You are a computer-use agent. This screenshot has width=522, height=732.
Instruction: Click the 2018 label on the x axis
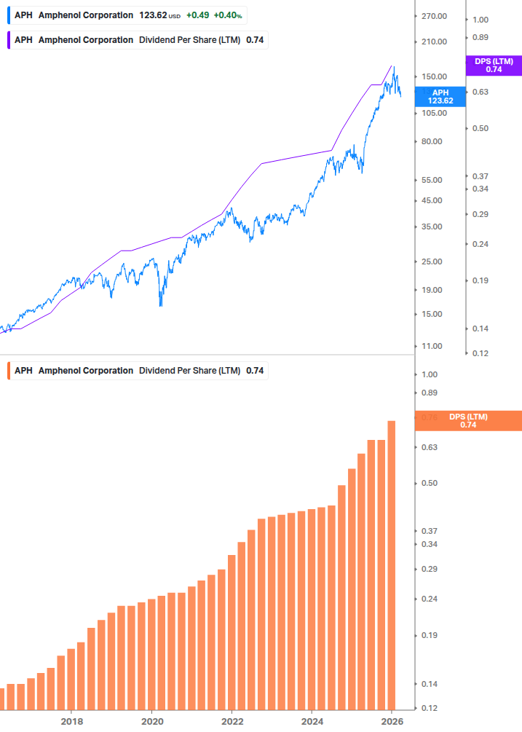point(71,721)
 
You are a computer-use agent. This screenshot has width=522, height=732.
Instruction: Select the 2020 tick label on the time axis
point(151,721)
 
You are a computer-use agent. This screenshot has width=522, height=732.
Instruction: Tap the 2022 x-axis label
point(232,721)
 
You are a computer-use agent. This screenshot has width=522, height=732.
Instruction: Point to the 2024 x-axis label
point(312,721)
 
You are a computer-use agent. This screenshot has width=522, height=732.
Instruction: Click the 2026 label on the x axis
point(392,721)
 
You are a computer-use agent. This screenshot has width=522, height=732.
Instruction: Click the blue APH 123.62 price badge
point(440,96)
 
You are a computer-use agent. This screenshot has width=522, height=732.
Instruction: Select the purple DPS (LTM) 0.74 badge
point(494,66)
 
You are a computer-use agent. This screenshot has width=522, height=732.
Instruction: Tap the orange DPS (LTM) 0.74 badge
point(467,420)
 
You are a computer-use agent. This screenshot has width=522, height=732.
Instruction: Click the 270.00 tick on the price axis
point(434,16)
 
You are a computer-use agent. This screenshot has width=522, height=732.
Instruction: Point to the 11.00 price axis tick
point(432,346)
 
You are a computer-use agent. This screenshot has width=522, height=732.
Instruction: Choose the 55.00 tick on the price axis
point(432,180)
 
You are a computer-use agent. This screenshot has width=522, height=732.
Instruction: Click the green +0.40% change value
point(229,15)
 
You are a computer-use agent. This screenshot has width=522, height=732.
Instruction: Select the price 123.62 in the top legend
point(153,15)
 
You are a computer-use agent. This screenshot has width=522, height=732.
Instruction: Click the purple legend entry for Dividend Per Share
point(136,40)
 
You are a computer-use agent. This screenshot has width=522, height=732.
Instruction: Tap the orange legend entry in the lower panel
point(136,371)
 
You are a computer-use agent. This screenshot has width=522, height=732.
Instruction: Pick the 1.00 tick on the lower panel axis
point(428,374)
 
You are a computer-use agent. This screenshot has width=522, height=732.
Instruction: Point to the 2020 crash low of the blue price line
point(160,304)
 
